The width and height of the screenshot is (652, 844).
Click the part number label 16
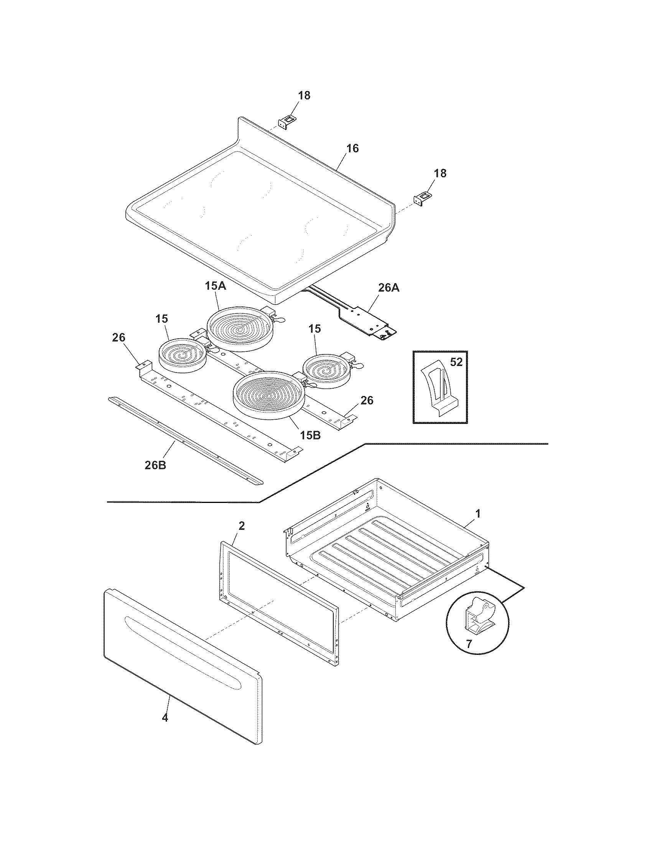(x=352, y=148)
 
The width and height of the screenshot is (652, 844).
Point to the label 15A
(x=215, y=286)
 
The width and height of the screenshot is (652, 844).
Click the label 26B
(x=155, y=465)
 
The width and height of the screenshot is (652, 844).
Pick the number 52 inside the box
(x=456, y=362)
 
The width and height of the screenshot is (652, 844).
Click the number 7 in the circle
(x=469, y=644)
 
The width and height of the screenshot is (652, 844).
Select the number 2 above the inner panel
(x=241, y=526)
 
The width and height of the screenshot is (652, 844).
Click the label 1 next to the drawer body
(x=478, y=514)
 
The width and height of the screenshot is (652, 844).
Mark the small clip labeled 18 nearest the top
(x=286, y=124)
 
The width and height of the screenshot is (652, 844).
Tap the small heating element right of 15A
(x=328, y=370)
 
